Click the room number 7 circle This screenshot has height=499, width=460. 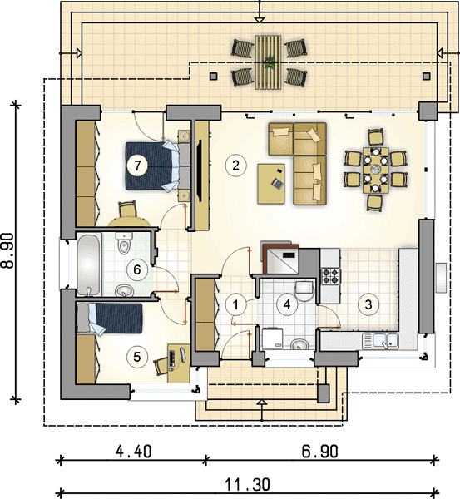(137, 166)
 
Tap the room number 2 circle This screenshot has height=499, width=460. (235, 166)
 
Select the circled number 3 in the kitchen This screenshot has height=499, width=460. (368, 304)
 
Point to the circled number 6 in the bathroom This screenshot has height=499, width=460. (137, 269)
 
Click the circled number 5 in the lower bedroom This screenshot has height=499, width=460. (137, 357)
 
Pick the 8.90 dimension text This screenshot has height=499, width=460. (7, 250)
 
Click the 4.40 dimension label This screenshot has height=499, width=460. (133, 452)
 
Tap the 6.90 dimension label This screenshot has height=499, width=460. (320, 452)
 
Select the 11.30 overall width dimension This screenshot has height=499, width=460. (248, 484)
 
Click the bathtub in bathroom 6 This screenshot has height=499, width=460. (89, 264)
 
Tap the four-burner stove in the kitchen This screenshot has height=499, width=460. (330, 276)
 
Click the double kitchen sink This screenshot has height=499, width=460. (381, 341)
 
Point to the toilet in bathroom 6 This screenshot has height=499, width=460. (124, 243)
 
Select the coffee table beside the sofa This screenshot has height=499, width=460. (271, 183)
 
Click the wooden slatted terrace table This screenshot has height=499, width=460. (268, 62)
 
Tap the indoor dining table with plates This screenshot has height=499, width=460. (376, 170)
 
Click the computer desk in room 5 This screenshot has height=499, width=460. (179, 363)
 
